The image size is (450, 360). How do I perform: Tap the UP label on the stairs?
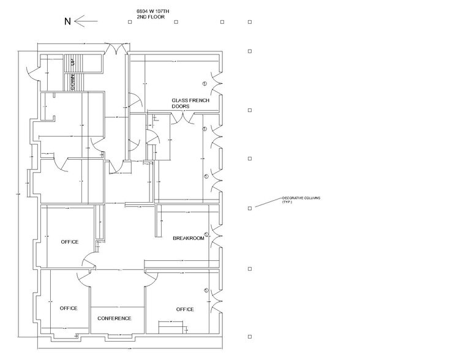point(72,62)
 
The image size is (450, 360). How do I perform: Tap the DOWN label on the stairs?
point(72,83)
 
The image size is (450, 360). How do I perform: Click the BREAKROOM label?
point(188,238)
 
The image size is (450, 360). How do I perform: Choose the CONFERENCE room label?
point(114,318)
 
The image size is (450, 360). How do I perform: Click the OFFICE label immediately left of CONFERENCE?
point(69,308)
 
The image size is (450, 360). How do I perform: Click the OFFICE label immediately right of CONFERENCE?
point(184,309)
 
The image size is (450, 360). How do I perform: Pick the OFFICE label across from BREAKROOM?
point(70,242)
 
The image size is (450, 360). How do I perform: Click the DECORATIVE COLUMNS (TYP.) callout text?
point(301,200)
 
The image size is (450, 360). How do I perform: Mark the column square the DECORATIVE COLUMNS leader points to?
point(249,208)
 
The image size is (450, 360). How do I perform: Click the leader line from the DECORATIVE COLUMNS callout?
point(266,203)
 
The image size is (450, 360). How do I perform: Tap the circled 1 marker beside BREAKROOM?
point(206,234)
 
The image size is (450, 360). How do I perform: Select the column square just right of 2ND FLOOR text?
point(176,23)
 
